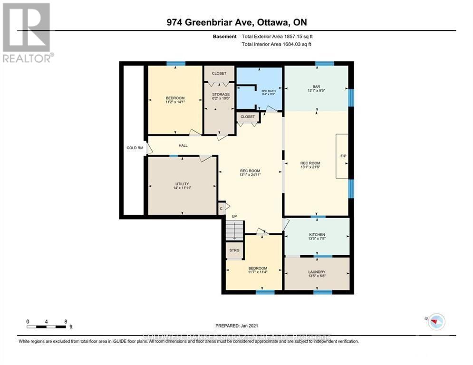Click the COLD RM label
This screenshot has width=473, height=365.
(x=135, y=148)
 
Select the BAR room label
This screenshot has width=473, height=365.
(x=316, y=86)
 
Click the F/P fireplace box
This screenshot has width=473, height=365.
(x=342, y=156)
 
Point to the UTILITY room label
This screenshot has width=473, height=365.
(x=182, y=184)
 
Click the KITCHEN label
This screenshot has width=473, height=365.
(x=317, y=235)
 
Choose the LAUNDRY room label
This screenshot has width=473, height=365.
(x=317, y=272)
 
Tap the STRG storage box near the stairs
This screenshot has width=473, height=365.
(x=234, y=250)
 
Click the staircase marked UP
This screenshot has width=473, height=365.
(x=234, y=231)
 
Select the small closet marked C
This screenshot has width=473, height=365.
(x=221, y=208)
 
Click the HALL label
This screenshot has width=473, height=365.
(x=183, y=145)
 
